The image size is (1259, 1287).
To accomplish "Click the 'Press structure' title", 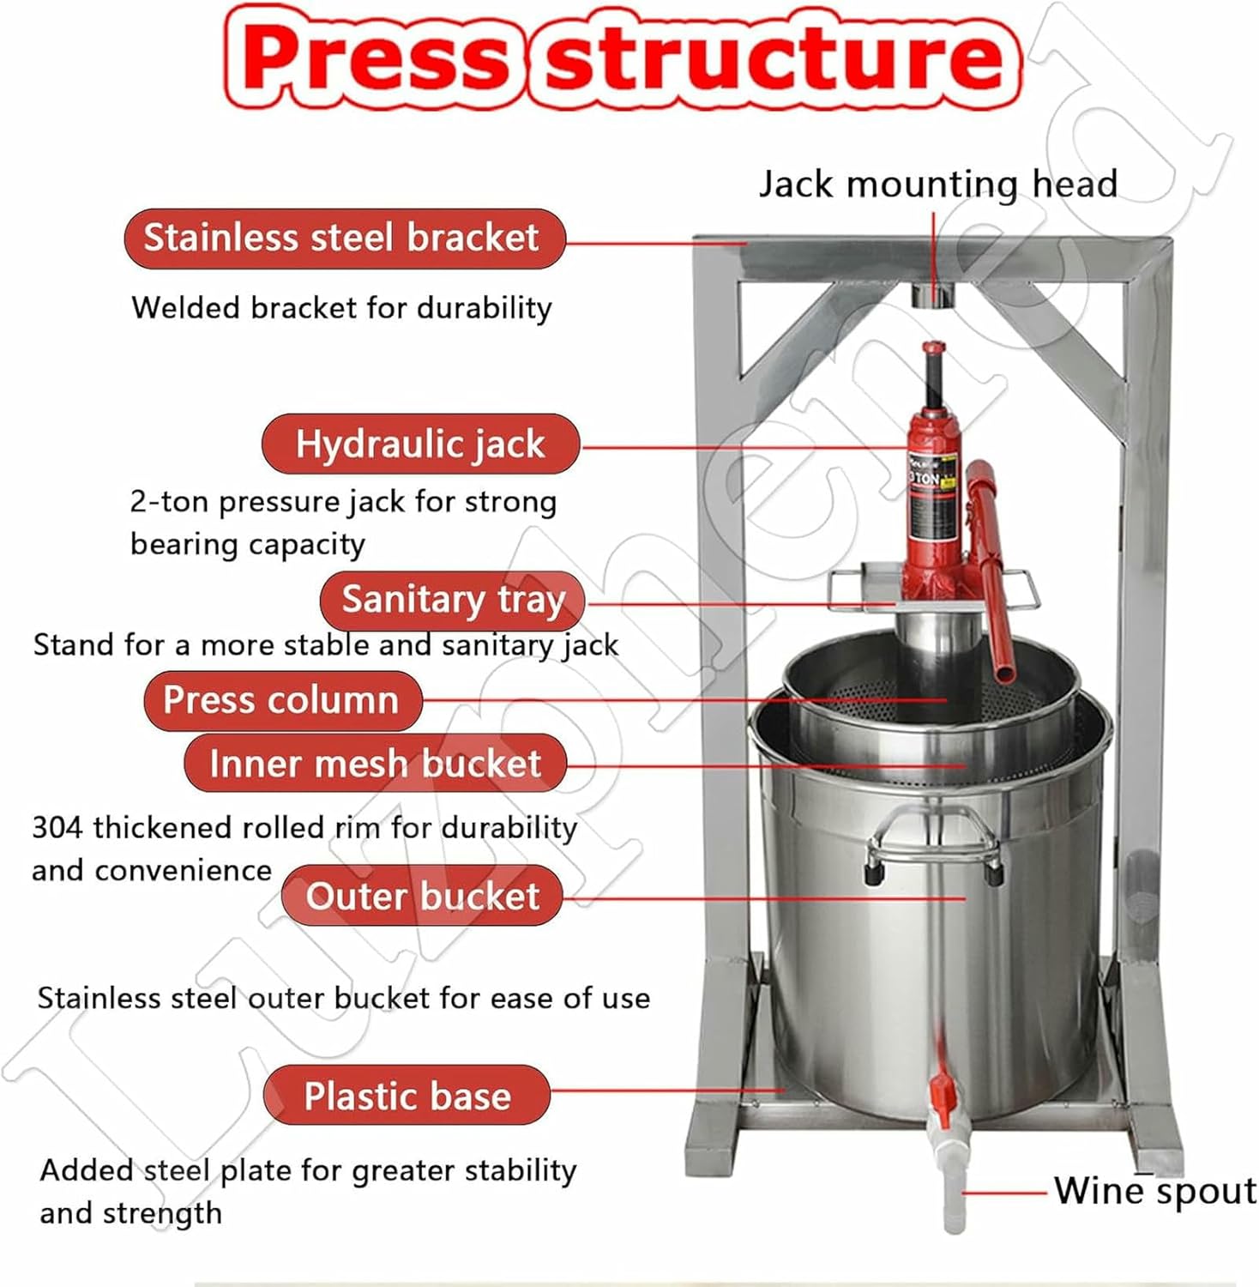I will point(623,57).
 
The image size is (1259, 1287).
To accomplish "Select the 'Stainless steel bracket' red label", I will point(343,238).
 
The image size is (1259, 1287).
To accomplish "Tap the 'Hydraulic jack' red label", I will point(420,444).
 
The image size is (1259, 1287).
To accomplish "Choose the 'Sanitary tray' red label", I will point(452,599).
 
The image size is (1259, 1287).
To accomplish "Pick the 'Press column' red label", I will point(282,700).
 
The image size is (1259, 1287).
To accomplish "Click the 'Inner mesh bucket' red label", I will point(375,763).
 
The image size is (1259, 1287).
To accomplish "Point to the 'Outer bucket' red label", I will point(422,896).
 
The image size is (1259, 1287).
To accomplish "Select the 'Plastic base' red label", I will point(407,1096).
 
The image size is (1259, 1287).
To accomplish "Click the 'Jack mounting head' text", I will point(937,184).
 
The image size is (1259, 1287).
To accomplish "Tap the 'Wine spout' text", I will point(1154,1191).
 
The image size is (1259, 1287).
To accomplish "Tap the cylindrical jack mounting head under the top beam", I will point(932,294).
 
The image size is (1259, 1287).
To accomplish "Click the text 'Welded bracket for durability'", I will point(341,307).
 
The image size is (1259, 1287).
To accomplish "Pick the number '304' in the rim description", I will point(58,827).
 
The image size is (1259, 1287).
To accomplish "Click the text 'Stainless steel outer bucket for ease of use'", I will point(343,998).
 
